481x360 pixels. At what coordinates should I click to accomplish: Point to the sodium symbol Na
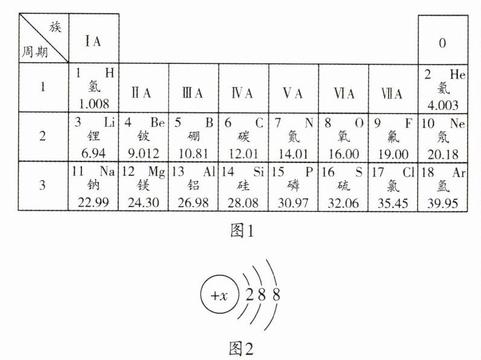pyautogui.click(x=107, y=171)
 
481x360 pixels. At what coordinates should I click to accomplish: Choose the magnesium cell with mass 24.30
pyautogui.click(x=144, y=185)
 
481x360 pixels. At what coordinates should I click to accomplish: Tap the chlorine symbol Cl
pyautogui.click(x=406, y=172)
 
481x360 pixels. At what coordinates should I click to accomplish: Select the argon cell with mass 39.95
pyautogui.click(x=443, y=185)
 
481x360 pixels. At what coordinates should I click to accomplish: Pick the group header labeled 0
pyautogui.click(x=442, y=43)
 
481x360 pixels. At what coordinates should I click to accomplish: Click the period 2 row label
pyautogui.click(x=42, y=136)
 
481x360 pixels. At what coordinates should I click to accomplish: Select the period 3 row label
pyautogui.click(x=42, y=185)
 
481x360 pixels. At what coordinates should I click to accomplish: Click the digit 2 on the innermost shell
pyautogui.click(x=250, y=296)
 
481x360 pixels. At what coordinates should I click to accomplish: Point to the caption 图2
pyautogui.click(x=241, y=348)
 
